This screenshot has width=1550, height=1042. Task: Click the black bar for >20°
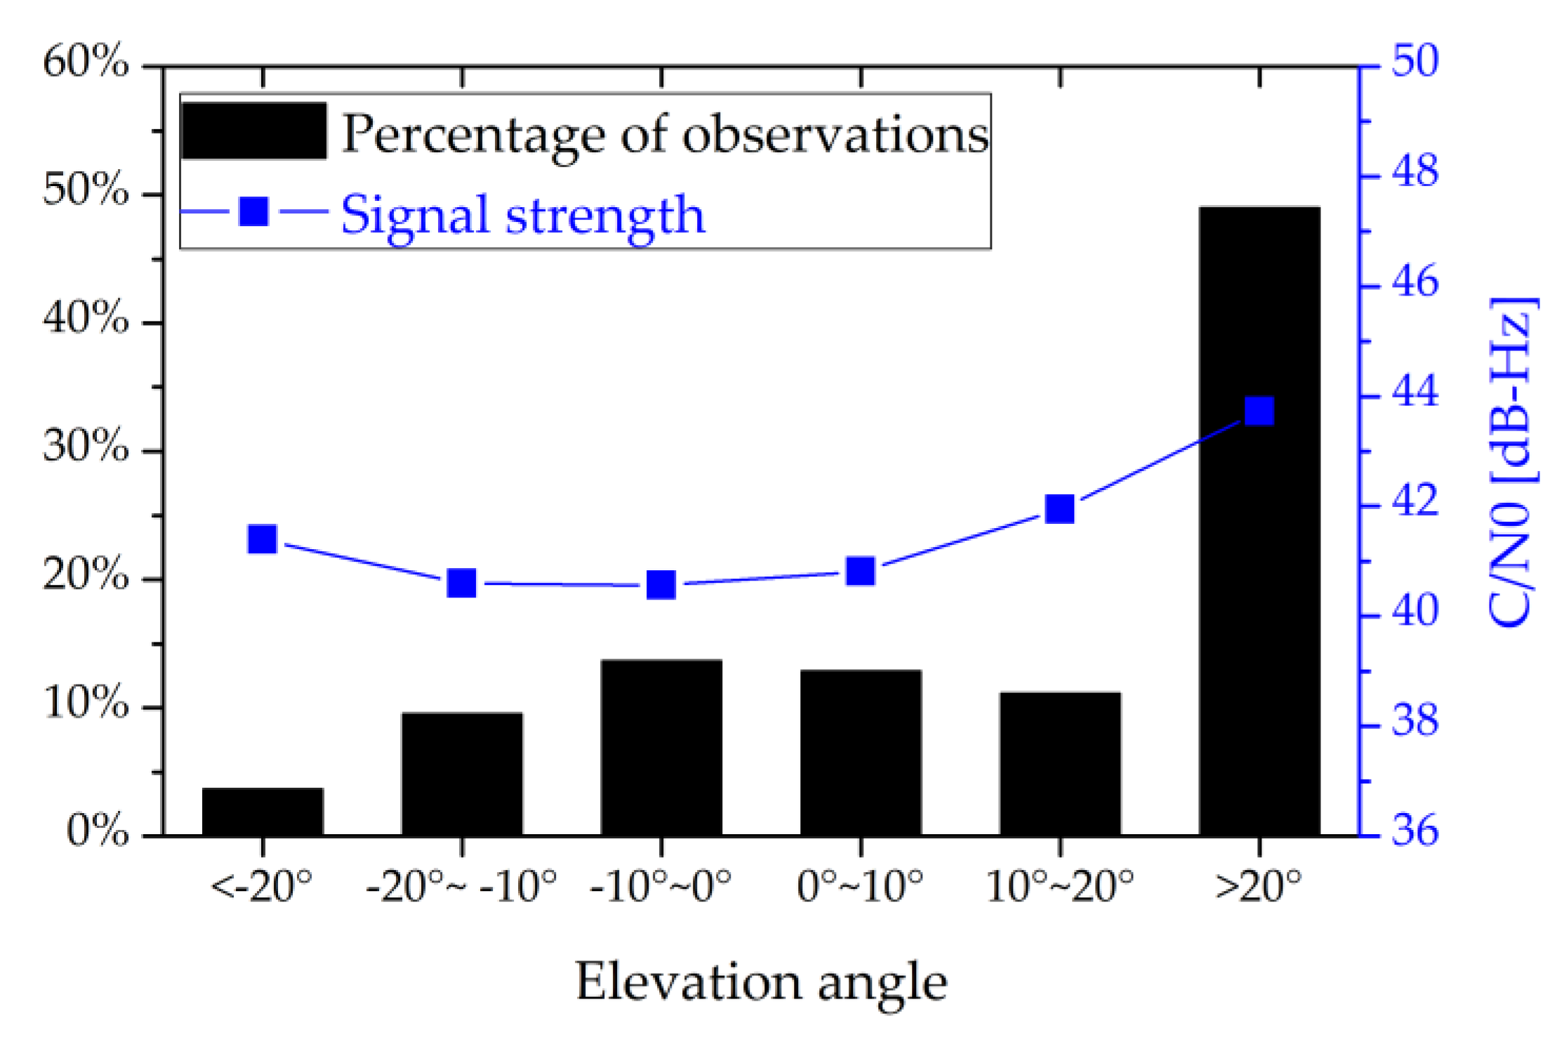[1259, 520]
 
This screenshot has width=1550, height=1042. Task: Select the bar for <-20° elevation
[263, 812]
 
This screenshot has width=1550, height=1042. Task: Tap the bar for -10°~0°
[661, 747]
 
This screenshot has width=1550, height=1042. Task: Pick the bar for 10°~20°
[1060, 764]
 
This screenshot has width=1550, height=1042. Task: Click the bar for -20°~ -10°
[462, 774]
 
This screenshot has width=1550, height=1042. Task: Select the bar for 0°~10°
[861, 753]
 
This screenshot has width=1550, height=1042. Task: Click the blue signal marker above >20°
[1259, 411]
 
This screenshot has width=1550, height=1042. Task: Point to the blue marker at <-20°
[263, 539]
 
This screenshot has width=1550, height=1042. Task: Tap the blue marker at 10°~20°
[1060, 509]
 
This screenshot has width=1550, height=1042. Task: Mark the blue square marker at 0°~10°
[861, 572]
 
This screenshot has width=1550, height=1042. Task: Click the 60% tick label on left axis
[86, 62]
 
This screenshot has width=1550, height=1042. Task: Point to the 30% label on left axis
[86, 446]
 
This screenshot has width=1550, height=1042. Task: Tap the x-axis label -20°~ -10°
[461, 886]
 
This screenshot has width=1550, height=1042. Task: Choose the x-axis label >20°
[1259, 886]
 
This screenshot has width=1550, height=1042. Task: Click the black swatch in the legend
[253, 131]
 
